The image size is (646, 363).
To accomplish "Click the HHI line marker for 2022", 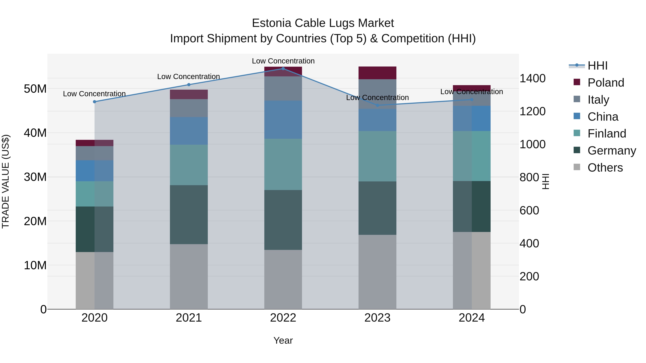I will click(x=283, y=68).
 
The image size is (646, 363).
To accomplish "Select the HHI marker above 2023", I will click(x=377, y=105).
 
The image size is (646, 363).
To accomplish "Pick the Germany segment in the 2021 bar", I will click(x=189, y=215).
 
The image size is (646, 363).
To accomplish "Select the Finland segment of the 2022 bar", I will click(x=283, y=164).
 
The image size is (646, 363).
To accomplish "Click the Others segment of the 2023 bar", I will click(x=377, y=272).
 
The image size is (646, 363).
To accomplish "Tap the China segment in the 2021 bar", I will click(x=189, y=131).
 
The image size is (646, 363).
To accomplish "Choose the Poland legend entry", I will click(x=605, y=83).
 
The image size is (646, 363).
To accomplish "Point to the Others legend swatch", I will click(x=577, y=167).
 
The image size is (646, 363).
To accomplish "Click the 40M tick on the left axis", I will click(x=35, y=133).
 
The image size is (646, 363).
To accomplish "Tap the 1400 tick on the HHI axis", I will click(x=532, y=78).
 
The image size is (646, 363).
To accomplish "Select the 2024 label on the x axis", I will click(x=471, y=318).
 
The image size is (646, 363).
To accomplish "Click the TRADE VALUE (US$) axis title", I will click(x=6, y=181).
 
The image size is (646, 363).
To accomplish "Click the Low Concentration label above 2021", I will click(x=188, y=77).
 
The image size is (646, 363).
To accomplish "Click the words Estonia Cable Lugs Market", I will click(x=323, y=23).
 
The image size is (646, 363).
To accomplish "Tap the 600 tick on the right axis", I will click(x=529, y=210).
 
